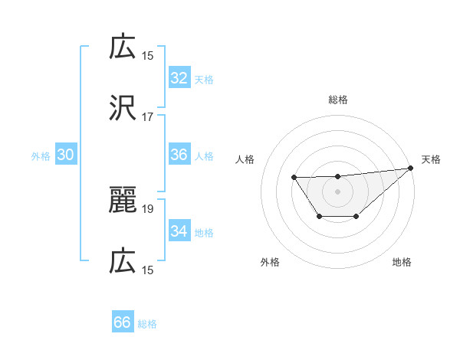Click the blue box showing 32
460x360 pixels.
click(179, 78)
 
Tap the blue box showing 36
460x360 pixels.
click(179, 155)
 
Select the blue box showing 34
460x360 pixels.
click(179, 231)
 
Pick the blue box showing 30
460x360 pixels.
click(65, 155)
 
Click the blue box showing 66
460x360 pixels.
click(122, 322)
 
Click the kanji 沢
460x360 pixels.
click(123, 108)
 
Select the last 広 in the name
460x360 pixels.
click(123, 262)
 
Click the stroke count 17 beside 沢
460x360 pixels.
click(148, 117)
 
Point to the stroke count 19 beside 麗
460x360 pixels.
click(148, 208)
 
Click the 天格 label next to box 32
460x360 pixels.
click(203, 80)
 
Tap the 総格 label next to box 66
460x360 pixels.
click(147, 324)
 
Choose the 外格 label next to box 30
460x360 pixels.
click(41, 156)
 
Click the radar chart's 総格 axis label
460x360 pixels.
click(337, 100)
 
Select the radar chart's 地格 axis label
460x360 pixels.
click(402, 263)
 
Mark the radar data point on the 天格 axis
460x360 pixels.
click(411, 168)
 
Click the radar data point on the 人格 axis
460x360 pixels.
click(294, 178)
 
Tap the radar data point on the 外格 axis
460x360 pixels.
click(319, 217)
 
